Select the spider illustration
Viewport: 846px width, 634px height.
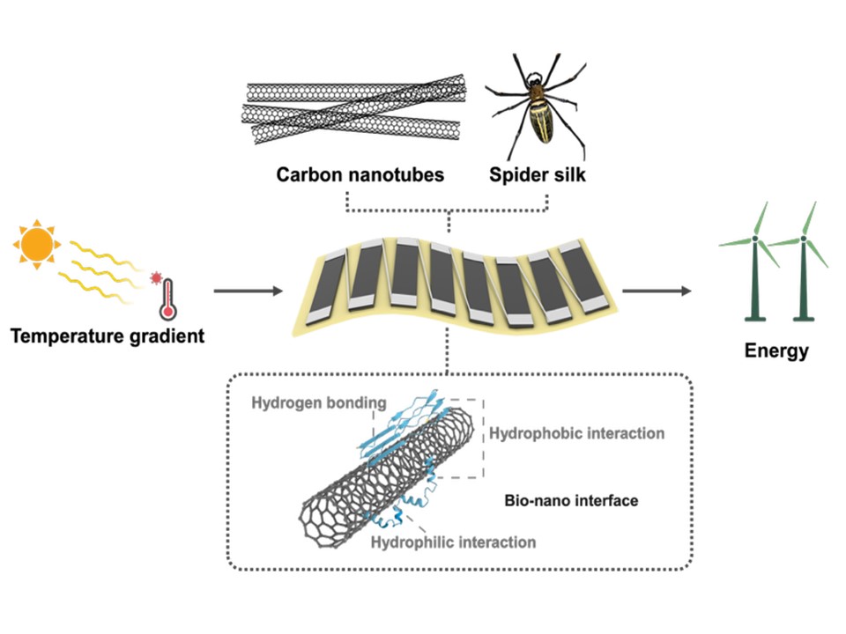tap(535, 107)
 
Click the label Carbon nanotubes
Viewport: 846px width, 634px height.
tap(360, 175)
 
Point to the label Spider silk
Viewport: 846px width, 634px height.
tap(538, 175)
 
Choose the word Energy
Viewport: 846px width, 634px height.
tap(776, 351)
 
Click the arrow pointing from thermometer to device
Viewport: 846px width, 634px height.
tap(247, 291)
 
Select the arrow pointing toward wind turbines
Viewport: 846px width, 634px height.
tap(657, 291)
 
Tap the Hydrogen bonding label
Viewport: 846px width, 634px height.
tap(319, 403)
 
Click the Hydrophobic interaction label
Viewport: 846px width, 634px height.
tap(577, 433)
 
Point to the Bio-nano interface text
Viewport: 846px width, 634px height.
tap(571, 501)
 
